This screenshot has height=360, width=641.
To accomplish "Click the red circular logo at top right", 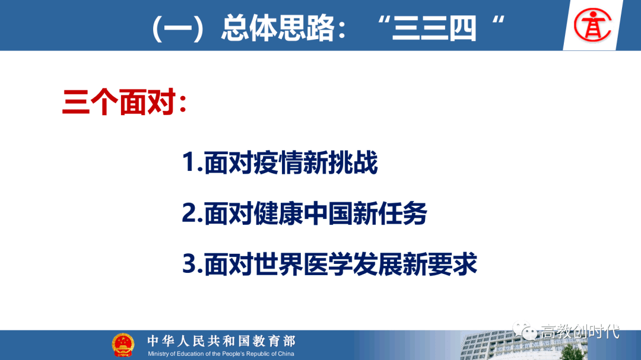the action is (592, 25).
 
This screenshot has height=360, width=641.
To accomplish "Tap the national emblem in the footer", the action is (123, 345).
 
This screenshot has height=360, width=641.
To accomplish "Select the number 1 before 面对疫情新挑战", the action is (189, 162).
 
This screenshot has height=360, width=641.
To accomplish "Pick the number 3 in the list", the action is (190, 263).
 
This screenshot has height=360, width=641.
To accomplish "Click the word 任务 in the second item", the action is (402, 214).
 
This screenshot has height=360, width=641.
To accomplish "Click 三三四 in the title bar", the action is (434, 28).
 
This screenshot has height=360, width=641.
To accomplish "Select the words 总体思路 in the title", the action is (278, 28).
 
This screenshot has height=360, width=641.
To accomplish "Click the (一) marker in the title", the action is (178, 28).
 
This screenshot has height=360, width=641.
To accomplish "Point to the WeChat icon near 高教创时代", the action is (525, 330).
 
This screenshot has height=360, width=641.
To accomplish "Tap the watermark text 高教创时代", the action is (580, 332).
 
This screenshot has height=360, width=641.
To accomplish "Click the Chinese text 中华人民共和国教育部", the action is (221, 341).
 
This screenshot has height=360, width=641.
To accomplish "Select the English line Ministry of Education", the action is (221, 354).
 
